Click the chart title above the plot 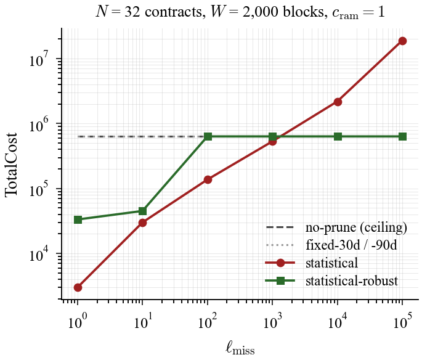(x=240, y=12)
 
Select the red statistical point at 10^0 (x=78, y=287)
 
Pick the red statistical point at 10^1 (x=142, y=223)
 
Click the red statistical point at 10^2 (x=208, y=179)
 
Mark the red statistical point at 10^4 (x=338, y=102)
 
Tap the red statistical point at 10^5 (x=402, y=41)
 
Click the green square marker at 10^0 (x=78, y=219)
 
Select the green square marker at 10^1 (x=142, y=211)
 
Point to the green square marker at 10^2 (x=208, y=136)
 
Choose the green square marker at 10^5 (x=402, y=136)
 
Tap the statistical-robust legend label (x=351, y=281)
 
